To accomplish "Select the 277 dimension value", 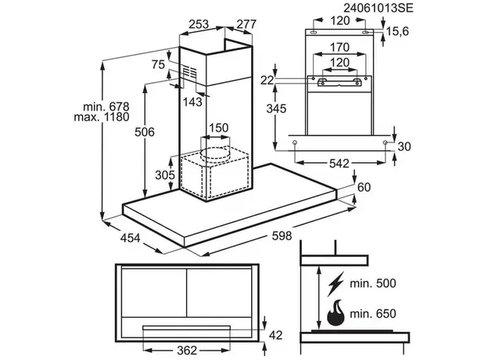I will (246, 25).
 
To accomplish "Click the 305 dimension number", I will (163, 175).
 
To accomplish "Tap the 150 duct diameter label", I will (218, 128).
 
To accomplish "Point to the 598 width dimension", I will (281, 236).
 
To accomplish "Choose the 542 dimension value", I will (339, 164).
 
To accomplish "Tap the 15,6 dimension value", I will (398, 31).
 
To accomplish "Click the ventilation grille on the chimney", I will (190, 73).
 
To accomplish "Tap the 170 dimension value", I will (339, 46).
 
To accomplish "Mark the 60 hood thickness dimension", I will (363, 187).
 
